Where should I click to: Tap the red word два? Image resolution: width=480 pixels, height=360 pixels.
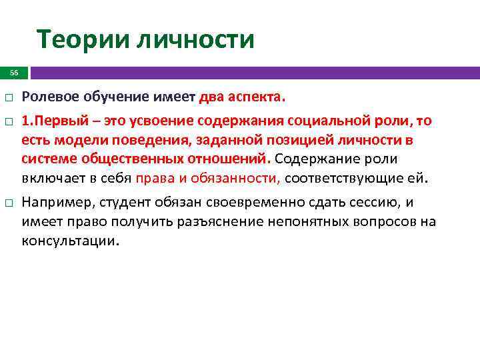[x=213, y=97]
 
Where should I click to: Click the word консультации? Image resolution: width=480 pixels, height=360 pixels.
[x=71, y=241]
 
